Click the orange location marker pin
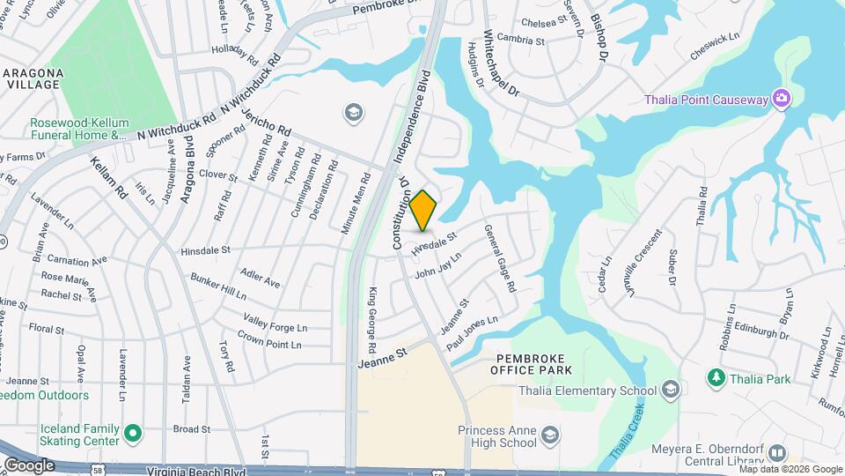click(x=423, y=210)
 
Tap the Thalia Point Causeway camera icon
click(x=780, y=99)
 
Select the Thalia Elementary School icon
click(x=671, y=390)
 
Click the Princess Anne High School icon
click(x=550, y=435)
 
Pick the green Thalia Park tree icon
click(x=716, y=378)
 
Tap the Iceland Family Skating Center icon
click(x=133, y=433)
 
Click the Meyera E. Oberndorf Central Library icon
click(x=776, y=453)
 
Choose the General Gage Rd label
click(x=499, y=258)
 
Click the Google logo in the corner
click(x=28, y=465)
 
